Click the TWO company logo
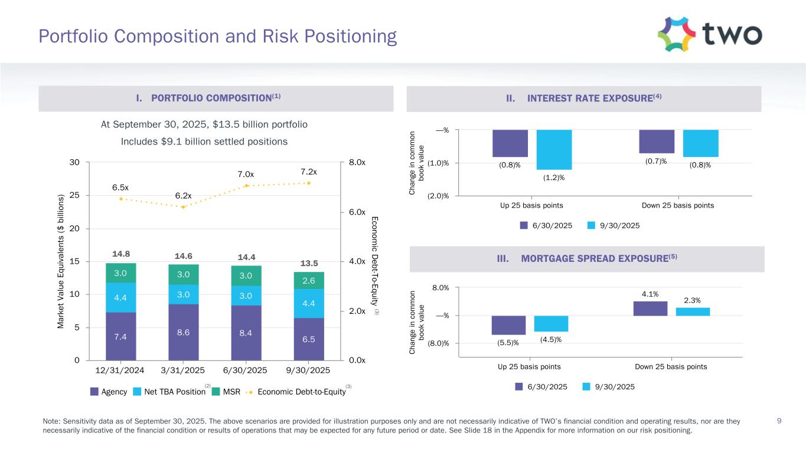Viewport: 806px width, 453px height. click(709, 34)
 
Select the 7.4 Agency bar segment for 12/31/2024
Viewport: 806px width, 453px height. click(120, 336)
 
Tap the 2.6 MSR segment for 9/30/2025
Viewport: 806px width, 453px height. click(309, 281)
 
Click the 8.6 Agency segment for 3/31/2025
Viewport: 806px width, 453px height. click(183, 332)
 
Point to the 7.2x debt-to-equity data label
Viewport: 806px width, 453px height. click(308, 172)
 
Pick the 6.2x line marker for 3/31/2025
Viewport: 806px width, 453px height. click(184, 207)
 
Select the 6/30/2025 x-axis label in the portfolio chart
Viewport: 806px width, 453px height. click(246, 370)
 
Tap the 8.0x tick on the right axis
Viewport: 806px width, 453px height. click(357, 162)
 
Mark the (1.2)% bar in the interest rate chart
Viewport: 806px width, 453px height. click(554, 150)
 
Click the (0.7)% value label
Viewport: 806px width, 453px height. click(655, 161)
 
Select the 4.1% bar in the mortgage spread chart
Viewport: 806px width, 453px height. click(650, 308)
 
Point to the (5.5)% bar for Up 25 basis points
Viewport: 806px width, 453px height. click(508, 325)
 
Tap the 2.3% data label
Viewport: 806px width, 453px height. click(692, 300)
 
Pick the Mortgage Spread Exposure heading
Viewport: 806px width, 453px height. click(585, 259)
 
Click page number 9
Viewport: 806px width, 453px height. click(779, 421)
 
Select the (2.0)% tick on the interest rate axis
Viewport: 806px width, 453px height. click(438, 196)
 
